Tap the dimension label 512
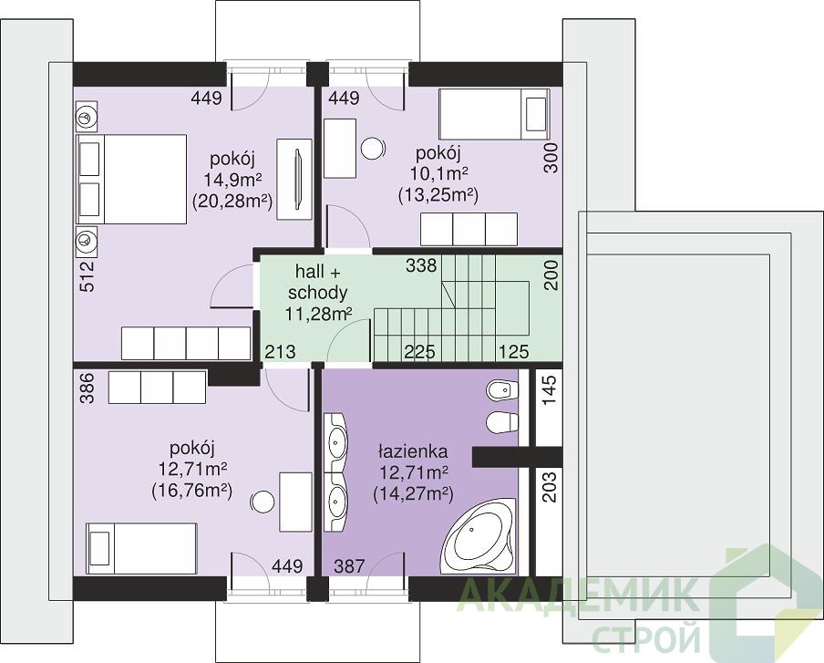(88, 276)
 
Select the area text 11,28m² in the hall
(318, 314)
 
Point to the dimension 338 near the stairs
(421, 265)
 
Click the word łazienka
(413, 451)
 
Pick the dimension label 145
(549, 390)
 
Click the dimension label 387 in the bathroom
(349, 565)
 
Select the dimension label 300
(551, 159)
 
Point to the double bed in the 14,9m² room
(131, 180)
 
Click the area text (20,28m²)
(232, 201)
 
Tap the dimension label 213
(280, 351)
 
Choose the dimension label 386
(88, 388)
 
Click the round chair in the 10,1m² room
(373, 149)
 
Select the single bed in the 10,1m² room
(494, 114)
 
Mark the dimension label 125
(513, 351)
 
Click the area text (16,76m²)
(191, 491)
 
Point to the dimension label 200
(551, 275)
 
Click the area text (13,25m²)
(438, 196)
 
